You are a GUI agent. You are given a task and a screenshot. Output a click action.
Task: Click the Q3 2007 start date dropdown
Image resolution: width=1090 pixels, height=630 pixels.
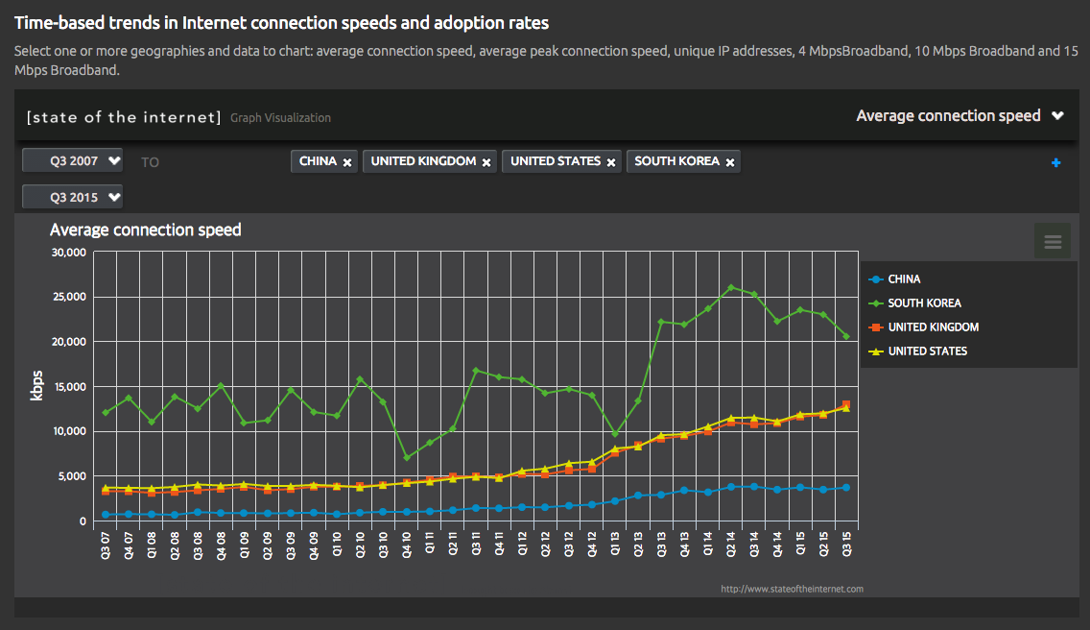click(73, 160)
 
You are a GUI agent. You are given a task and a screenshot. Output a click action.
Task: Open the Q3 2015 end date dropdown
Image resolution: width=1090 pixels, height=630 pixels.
click(73, 197)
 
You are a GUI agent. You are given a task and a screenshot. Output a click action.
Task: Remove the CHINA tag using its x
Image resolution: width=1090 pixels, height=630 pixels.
click(347, 162)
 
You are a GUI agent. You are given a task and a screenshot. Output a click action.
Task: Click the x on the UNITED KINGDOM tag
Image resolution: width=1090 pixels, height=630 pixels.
click(486, 162)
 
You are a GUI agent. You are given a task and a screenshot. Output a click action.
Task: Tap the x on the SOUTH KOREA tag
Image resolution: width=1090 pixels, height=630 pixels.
click(730, 162)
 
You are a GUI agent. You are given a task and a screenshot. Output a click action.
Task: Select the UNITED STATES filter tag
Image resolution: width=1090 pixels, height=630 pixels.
click(556, 161)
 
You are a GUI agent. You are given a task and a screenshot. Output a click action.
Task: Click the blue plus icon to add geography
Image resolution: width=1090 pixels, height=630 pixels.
click(1055, 162)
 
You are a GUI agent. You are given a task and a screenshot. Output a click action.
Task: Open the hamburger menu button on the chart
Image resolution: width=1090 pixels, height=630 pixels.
click(1053, 241)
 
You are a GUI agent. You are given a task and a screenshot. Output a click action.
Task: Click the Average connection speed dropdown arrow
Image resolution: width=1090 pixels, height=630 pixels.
click(1057, 116)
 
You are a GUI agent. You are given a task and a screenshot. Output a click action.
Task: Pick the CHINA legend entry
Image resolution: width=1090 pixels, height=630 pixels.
click(904, 279)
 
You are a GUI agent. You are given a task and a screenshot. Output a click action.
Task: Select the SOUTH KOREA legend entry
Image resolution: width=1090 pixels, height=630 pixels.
click(924, 303)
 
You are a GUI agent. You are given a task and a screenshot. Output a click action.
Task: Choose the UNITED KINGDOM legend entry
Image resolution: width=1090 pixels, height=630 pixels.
click(933, 327)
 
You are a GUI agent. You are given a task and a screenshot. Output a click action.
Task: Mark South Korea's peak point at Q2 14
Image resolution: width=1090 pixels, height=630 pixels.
click(731, 287)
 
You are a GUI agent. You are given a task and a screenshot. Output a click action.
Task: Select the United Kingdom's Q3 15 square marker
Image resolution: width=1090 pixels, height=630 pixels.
click(846, 405)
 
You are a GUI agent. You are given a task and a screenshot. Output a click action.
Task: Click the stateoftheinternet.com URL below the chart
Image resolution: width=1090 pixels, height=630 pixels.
click(793, 589)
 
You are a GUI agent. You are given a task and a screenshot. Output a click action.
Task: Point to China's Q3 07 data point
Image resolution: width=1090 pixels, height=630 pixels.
click(105, 515)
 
